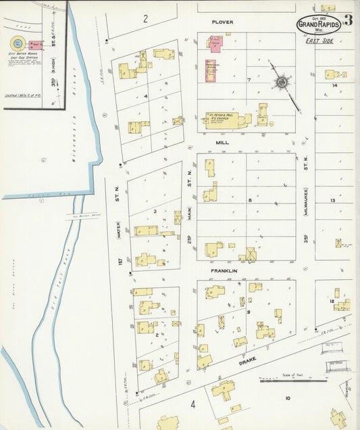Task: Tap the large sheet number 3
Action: click(348, 20)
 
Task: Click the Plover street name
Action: click(222, 22)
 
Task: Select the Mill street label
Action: click(222, 143)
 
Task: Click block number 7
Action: click(249, 80)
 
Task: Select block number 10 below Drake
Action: click(287, 398)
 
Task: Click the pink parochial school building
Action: click(215, 45)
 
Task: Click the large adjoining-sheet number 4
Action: click(192, 405)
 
